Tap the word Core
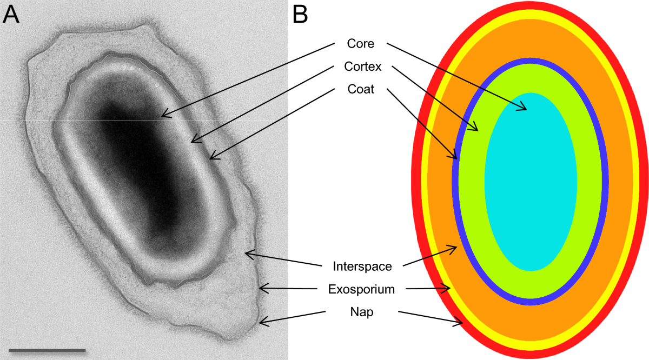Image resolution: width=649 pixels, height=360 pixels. pos(361,43)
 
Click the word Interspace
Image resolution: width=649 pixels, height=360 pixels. pos(362,266)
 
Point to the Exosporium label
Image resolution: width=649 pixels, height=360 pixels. pos(362,289)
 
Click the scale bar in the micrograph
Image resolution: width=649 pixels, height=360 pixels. pos(48,351)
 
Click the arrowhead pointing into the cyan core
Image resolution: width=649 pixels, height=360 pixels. pos(524,109)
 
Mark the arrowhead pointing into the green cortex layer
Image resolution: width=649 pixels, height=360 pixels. pos(475,129)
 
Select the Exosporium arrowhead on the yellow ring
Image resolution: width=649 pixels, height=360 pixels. pos(448,289)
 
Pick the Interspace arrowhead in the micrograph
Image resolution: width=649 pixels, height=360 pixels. pos(248,252)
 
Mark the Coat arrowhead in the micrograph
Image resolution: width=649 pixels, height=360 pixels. pos(211,157)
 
